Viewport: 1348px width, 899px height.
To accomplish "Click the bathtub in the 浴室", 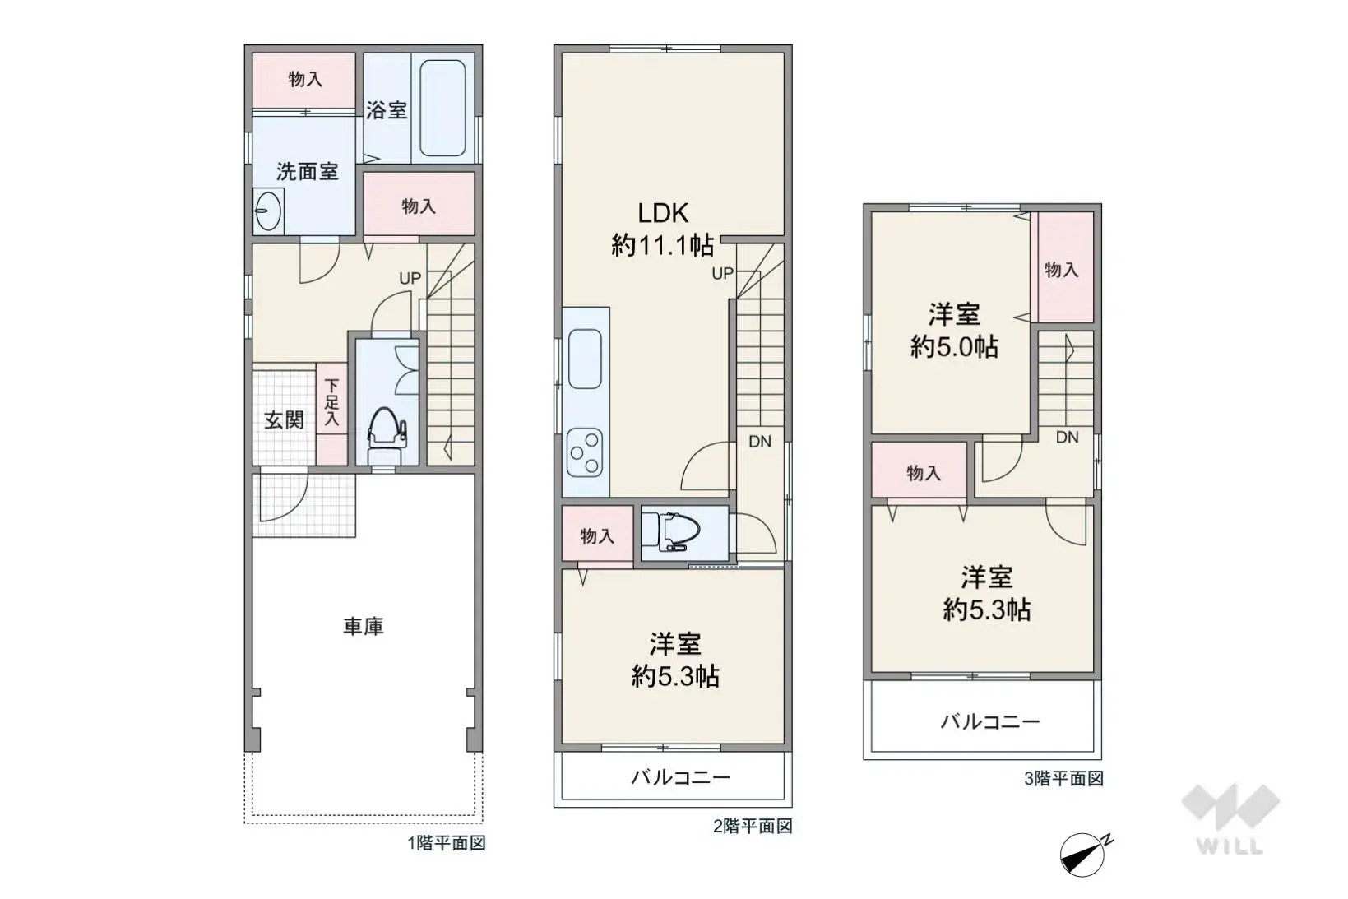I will [x=442, y=108].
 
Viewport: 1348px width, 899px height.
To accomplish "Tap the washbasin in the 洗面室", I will [x=266, y=212].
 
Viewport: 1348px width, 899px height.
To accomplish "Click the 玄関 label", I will [x=284, y=420].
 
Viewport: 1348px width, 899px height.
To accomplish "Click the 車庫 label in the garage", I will [x=363, y=627].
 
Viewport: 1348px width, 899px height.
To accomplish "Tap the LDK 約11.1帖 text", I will [x=663, y=229].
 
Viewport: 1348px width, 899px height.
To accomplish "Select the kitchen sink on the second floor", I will [x=585, y=358].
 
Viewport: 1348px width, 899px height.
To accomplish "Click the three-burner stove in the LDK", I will [x=585, y=452].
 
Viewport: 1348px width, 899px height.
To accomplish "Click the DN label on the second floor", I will [x=759, y=442].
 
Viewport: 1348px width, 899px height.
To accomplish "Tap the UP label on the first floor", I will [x=410, y=279].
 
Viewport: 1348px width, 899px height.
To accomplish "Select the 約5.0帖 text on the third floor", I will [x=954, y=347].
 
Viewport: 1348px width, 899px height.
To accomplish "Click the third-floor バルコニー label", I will [x=990, y=722].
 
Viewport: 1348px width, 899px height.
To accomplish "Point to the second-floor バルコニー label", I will [x=680, y=777].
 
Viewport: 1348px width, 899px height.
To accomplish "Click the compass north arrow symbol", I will [x=1083, y=855].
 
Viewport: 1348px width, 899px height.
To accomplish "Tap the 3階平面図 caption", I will [x=1063, y=779].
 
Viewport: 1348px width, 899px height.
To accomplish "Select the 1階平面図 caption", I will [x=447, y=843].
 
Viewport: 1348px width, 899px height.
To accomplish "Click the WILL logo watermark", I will [x=1230, y=819].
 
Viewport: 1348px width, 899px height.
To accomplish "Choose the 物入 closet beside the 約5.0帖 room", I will [x=1061, y=269].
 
